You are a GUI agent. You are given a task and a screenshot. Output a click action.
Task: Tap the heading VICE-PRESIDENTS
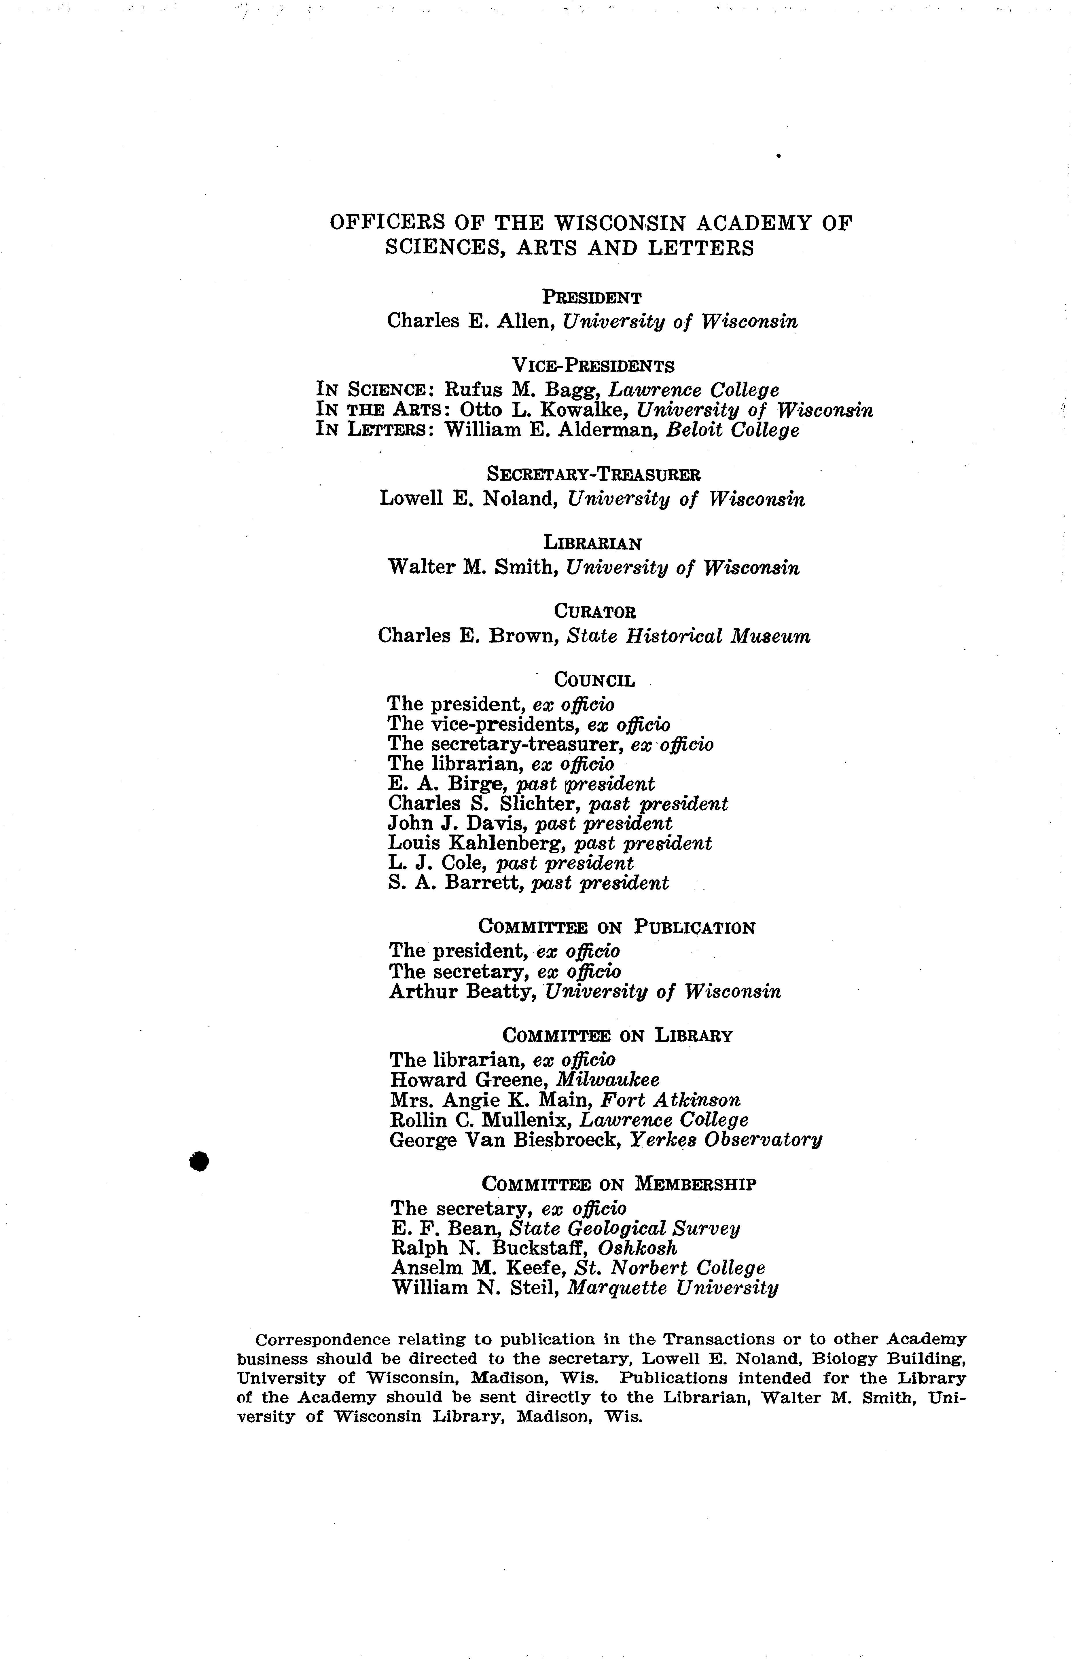tap(593, 365)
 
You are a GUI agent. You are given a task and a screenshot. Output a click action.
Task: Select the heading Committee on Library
tap(617, 1036)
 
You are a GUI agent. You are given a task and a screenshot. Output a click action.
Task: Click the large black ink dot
tap(200, 1161)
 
